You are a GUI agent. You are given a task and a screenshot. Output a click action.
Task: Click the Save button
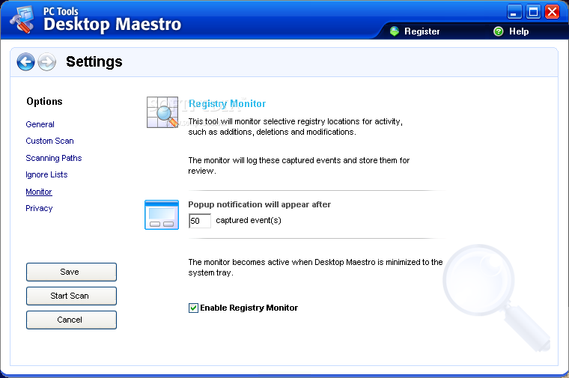pos(71,272)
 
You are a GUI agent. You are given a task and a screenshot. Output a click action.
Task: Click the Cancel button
pos(71,320)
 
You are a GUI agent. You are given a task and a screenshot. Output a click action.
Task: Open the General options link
pos(40,124)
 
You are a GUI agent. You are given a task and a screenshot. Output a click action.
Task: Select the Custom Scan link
pos(49,141)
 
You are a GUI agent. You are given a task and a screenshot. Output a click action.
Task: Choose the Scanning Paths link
pos(54,158)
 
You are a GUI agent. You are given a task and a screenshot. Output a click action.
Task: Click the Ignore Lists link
pos(46,175)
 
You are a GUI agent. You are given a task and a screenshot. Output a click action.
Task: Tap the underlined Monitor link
pos(39,192)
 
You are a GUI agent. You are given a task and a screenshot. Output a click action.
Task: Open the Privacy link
pos(39,208)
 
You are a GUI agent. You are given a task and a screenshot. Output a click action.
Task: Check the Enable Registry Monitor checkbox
pos(193,308)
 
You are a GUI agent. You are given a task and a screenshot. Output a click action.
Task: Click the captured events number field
pos(200,221)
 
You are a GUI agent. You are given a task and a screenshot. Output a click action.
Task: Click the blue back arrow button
pos(25,61)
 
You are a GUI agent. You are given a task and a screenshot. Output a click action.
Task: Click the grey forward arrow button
pos(47,61)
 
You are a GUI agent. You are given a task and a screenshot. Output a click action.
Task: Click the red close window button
pos(553,12)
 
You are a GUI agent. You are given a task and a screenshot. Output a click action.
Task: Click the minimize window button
pos(514,12)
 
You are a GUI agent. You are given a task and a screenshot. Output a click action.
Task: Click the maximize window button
pos(533,12)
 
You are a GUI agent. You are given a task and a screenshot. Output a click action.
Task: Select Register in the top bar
pos(422,31)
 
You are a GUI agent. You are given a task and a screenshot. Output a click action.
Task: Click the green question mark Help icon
pos(499,31)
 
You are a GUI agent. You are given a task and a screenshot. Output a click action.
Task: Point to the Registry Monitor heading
pos(227,104)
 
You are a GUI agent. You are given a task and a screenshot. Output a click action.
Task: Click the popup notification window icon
pos(162,215)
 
